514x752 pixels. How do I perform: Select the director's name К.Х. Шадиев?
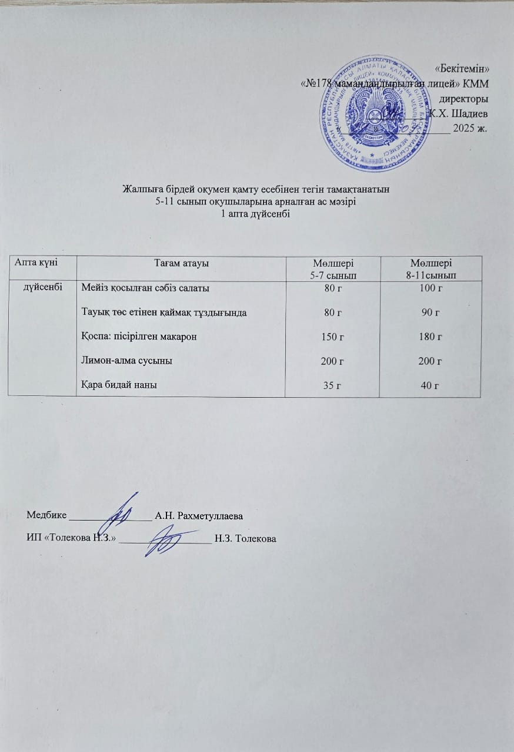coord(459,113)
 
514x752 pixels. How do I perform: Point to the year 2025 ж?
coord(469,129)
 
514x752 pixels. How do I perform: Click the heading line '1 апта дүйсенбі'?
coord(255,214)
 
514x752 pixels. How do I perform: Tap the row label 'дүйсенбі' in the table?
coord(43,288)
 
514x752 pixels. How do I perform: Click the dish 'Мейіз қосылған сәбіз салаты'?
coord(145,288)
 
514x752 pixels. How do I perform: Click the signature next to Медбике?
coord(121,510)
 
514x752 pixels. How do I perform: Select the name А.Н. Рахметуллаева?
coord(199,516)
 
